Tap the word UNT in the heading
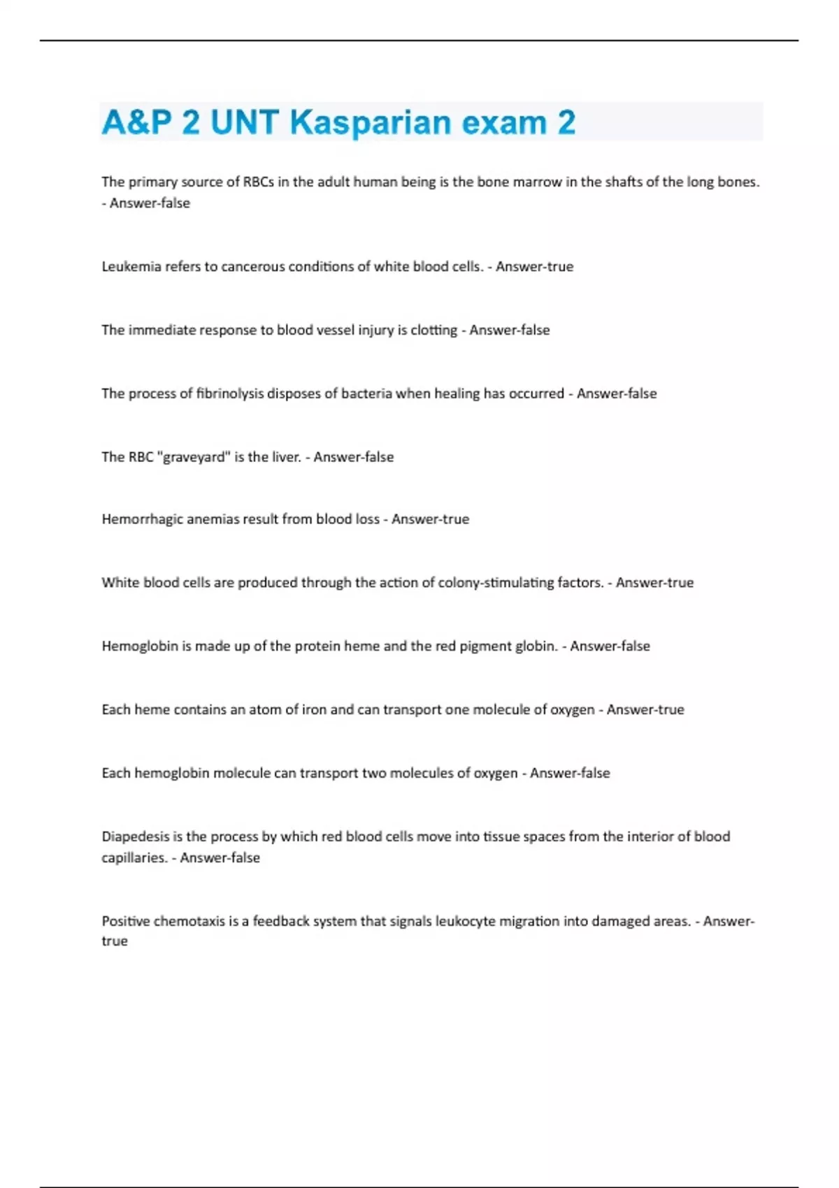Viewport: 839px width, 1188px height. (x=244, y=122)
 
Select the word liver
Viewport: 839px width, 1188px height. (x=287, y=457)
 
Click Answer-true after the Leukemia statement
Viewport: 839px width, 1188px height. (x=534, y=266)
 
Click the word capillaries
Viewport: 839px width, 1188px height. (x=134, y=857)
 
